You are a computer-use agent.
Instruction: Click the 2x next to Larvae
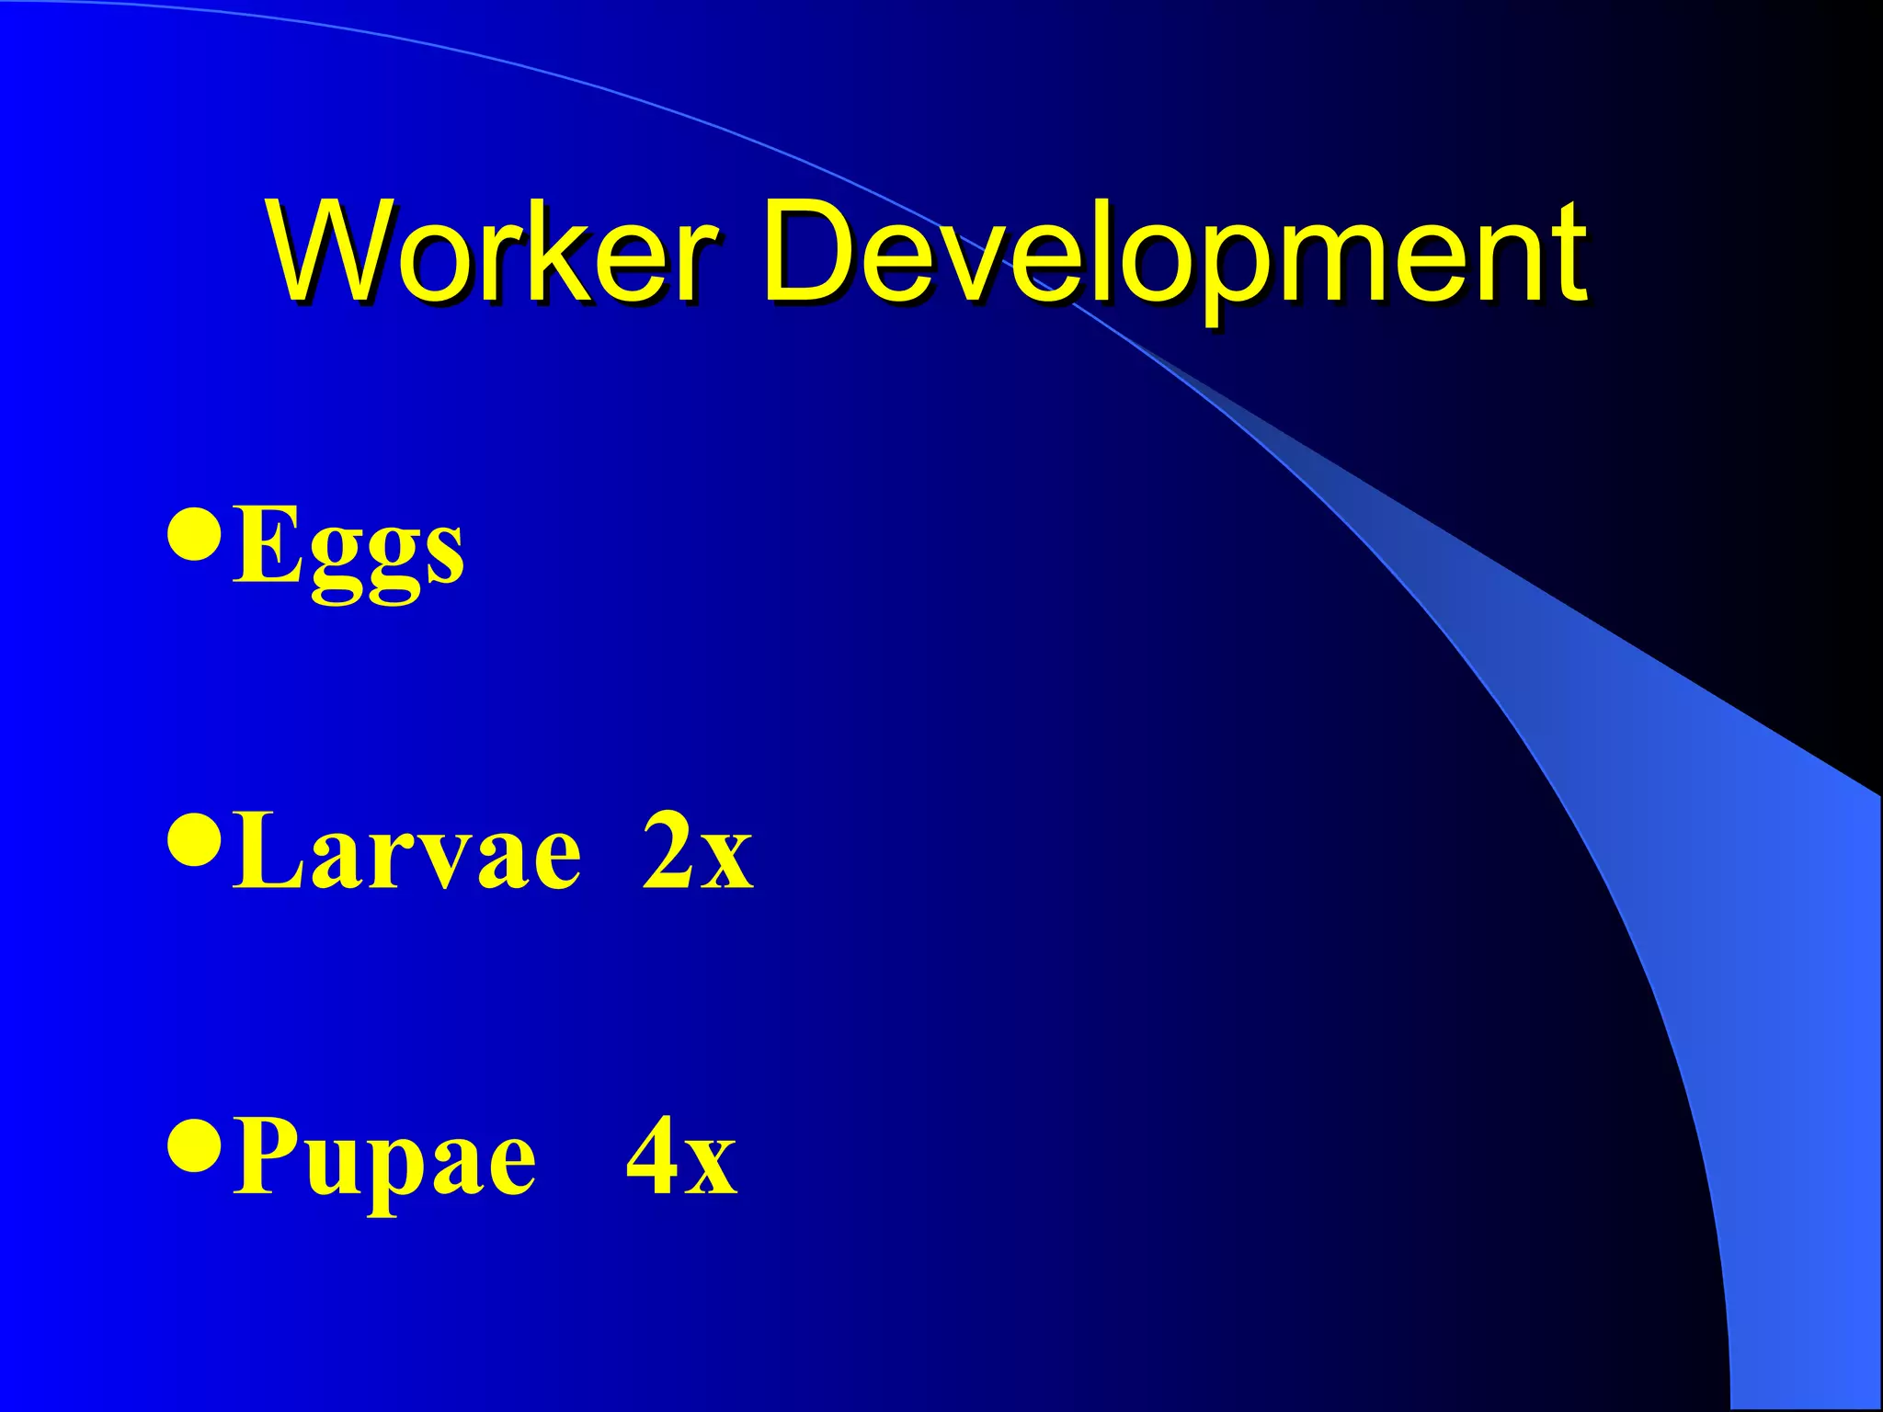tap(697, 852)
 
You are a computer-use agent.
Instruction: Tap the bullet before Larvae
tap(195, 838)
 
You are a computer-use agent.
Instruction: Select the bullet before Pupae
tap(195, 1144)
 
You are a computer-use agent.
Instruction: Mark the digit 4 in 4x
tap(654, 1156)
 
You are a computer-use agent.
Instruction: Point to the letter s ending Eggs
tap(446, 556)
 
